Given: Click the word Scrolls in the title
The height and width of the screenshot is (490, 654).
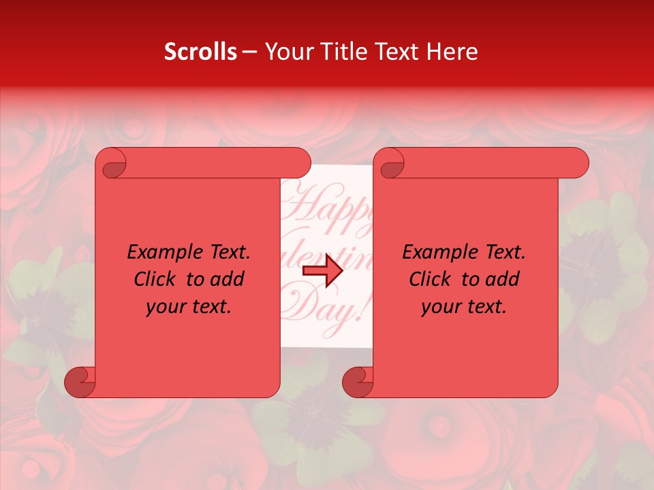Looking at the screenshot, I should pos(200,52).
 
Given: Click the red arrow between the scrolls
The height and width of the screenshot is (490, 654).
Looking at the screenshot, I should pos(322,270).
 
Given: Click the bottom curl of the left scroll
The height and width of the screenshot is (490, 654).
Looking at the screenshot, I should pos(80,381).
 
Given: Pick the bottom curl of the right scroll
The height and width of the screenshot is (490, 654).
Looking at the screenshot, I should pos(358,381).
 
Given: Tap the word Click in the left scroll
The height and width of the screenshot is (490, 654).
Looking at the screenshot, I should pos(155,280).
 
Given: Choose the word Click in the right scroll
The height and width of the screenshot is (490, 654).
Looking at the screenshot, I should pos(430,280).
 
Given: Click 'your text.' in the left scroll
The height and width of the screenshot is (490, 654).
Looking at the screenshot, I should pos(188,307).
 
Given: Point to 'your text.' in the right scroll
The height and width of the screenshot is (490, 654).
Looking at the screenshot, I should pos(463,307).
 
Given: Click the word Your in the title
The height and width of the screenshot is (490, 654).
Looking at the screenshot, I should pos(287,52).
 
